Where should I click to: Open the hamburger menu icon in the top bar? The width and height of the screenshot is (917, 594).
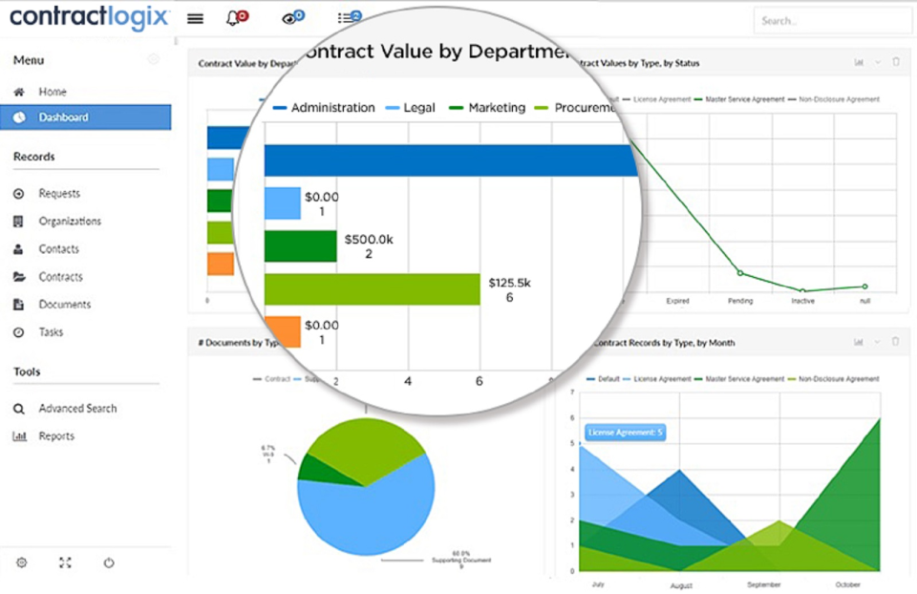point(195,18)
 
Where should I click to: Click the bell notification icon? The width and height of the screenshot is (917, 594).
point(234,18)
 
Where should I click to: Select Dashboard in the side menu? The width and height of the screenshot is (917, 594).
point(63,117)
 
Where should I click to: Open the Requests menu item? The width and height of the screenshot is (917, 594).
point(59,193)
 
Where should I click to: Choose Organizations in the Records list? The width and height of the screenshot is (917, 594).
point(70,221)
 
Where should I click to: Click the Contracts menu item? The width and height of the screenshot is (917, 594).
point(60,277)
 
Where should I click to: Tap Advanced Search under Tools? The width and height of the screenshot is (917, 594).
point(77,408)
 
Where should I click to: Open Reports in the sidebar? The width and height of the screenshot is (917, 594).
point(56,435)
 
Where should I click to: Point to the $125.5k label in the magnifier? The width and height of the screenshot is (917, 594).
point(509,284)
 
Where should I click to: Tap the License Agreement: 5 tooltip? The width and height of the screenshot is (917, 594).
point(625,433)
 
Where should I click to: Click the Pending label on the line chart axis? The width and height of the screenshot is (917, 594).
point(739,300)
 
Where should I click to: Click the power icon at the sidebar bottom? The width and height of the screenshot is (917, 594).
point(109,562)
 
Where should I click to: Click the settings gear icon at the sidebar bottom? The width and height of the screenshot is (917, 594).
point(21,562)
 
